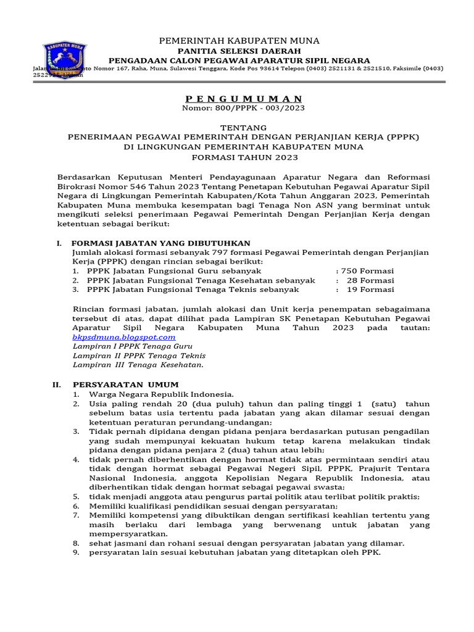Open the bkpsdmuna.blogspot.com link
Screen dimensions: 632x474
pos(124,337)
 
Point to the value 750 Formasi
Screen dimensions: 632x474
pos(365,271)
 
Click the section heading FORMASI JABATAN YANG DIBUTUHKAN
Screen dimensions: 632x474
pos(160,244)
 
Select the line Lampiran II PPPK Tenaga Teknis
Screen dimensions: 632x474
pos(139,355)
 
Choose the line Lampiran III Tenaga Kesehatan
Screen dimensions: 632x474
pos(138,365)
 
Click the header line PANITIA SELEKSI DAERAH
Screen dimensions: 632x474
pos(239,51)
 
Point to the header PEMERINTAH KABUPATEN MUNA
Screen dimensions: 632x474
pos(239,41)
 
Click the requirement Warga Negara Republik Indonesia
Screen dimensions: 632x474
pos(161,394)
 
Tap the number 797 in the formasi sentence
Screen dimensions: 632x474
pos(220,252)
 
